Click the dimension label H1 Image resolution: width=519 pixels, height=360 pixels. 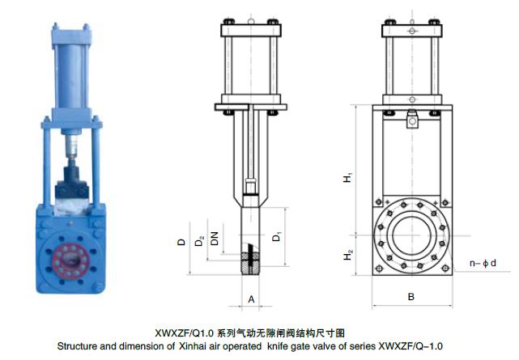[x=347, y=177]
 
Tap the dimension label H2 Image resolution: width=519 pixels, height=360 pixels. [x=347, y=255]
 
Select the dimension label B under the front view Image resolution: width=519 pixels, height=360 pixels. [x=411, y=297]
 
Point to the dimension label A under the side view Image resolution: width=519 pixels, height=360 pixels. [x=251, y=299]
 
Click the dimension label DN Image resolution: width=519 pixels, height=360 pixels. [x=215, y=239]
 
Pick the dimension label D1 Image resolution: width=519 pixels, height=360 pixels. [x=276, y=237]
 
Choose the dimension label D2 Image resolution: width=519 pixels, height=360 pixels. [x=199, y=241]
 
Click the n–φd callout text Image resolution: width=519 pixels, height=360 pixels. [x=483, y=263]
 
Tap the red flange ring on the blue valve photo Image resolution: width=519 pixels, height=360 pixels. [x=70, y=260]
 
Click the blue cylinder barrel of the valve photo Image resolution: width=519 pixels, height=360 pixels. [x=71, y=75]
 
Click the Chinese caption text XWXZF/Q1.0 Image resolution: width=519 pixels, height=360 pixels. [x=185, y=332]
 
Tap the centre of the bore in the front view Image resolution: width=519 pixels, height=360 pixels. [x=411, y=235]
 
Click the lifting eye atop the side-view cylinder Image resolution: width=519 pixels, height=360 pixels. [x=251, y=22]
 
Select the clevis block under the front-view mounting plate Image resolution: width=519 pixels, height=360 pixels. [x=412, y=120]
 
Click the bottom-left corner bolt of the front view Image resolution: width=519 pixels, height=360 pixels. [x=379, y=268]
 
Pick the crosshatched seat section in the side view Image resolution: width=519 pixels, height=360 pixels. [x=250, y=264]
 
